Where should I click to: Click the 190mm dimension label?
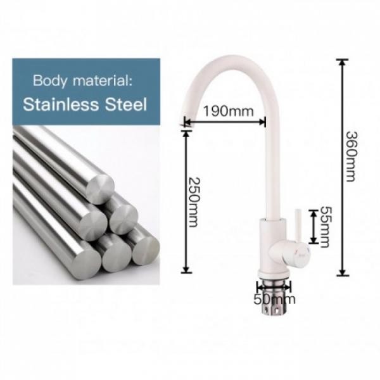pyautogui.click(x=228, y=111)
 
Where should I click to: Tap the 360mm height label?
pyautogui.click(x=351, y=156)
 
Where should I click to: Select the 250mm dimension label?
pyautogui.click(x=194, y=202)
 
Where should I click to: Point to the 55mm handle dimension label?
pyautogui.click(x=325, y=227)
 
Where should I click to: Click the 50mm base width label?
pyautogui.click(x=274, y=300)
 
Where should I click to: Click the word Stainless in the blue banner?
pyautogui.click(x=61, y=104)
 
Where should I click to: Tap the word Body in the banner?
pyautogui.click(x=50, y=81)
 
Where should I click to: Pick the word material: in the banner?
pyautogui.click(x=103, y=80)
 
